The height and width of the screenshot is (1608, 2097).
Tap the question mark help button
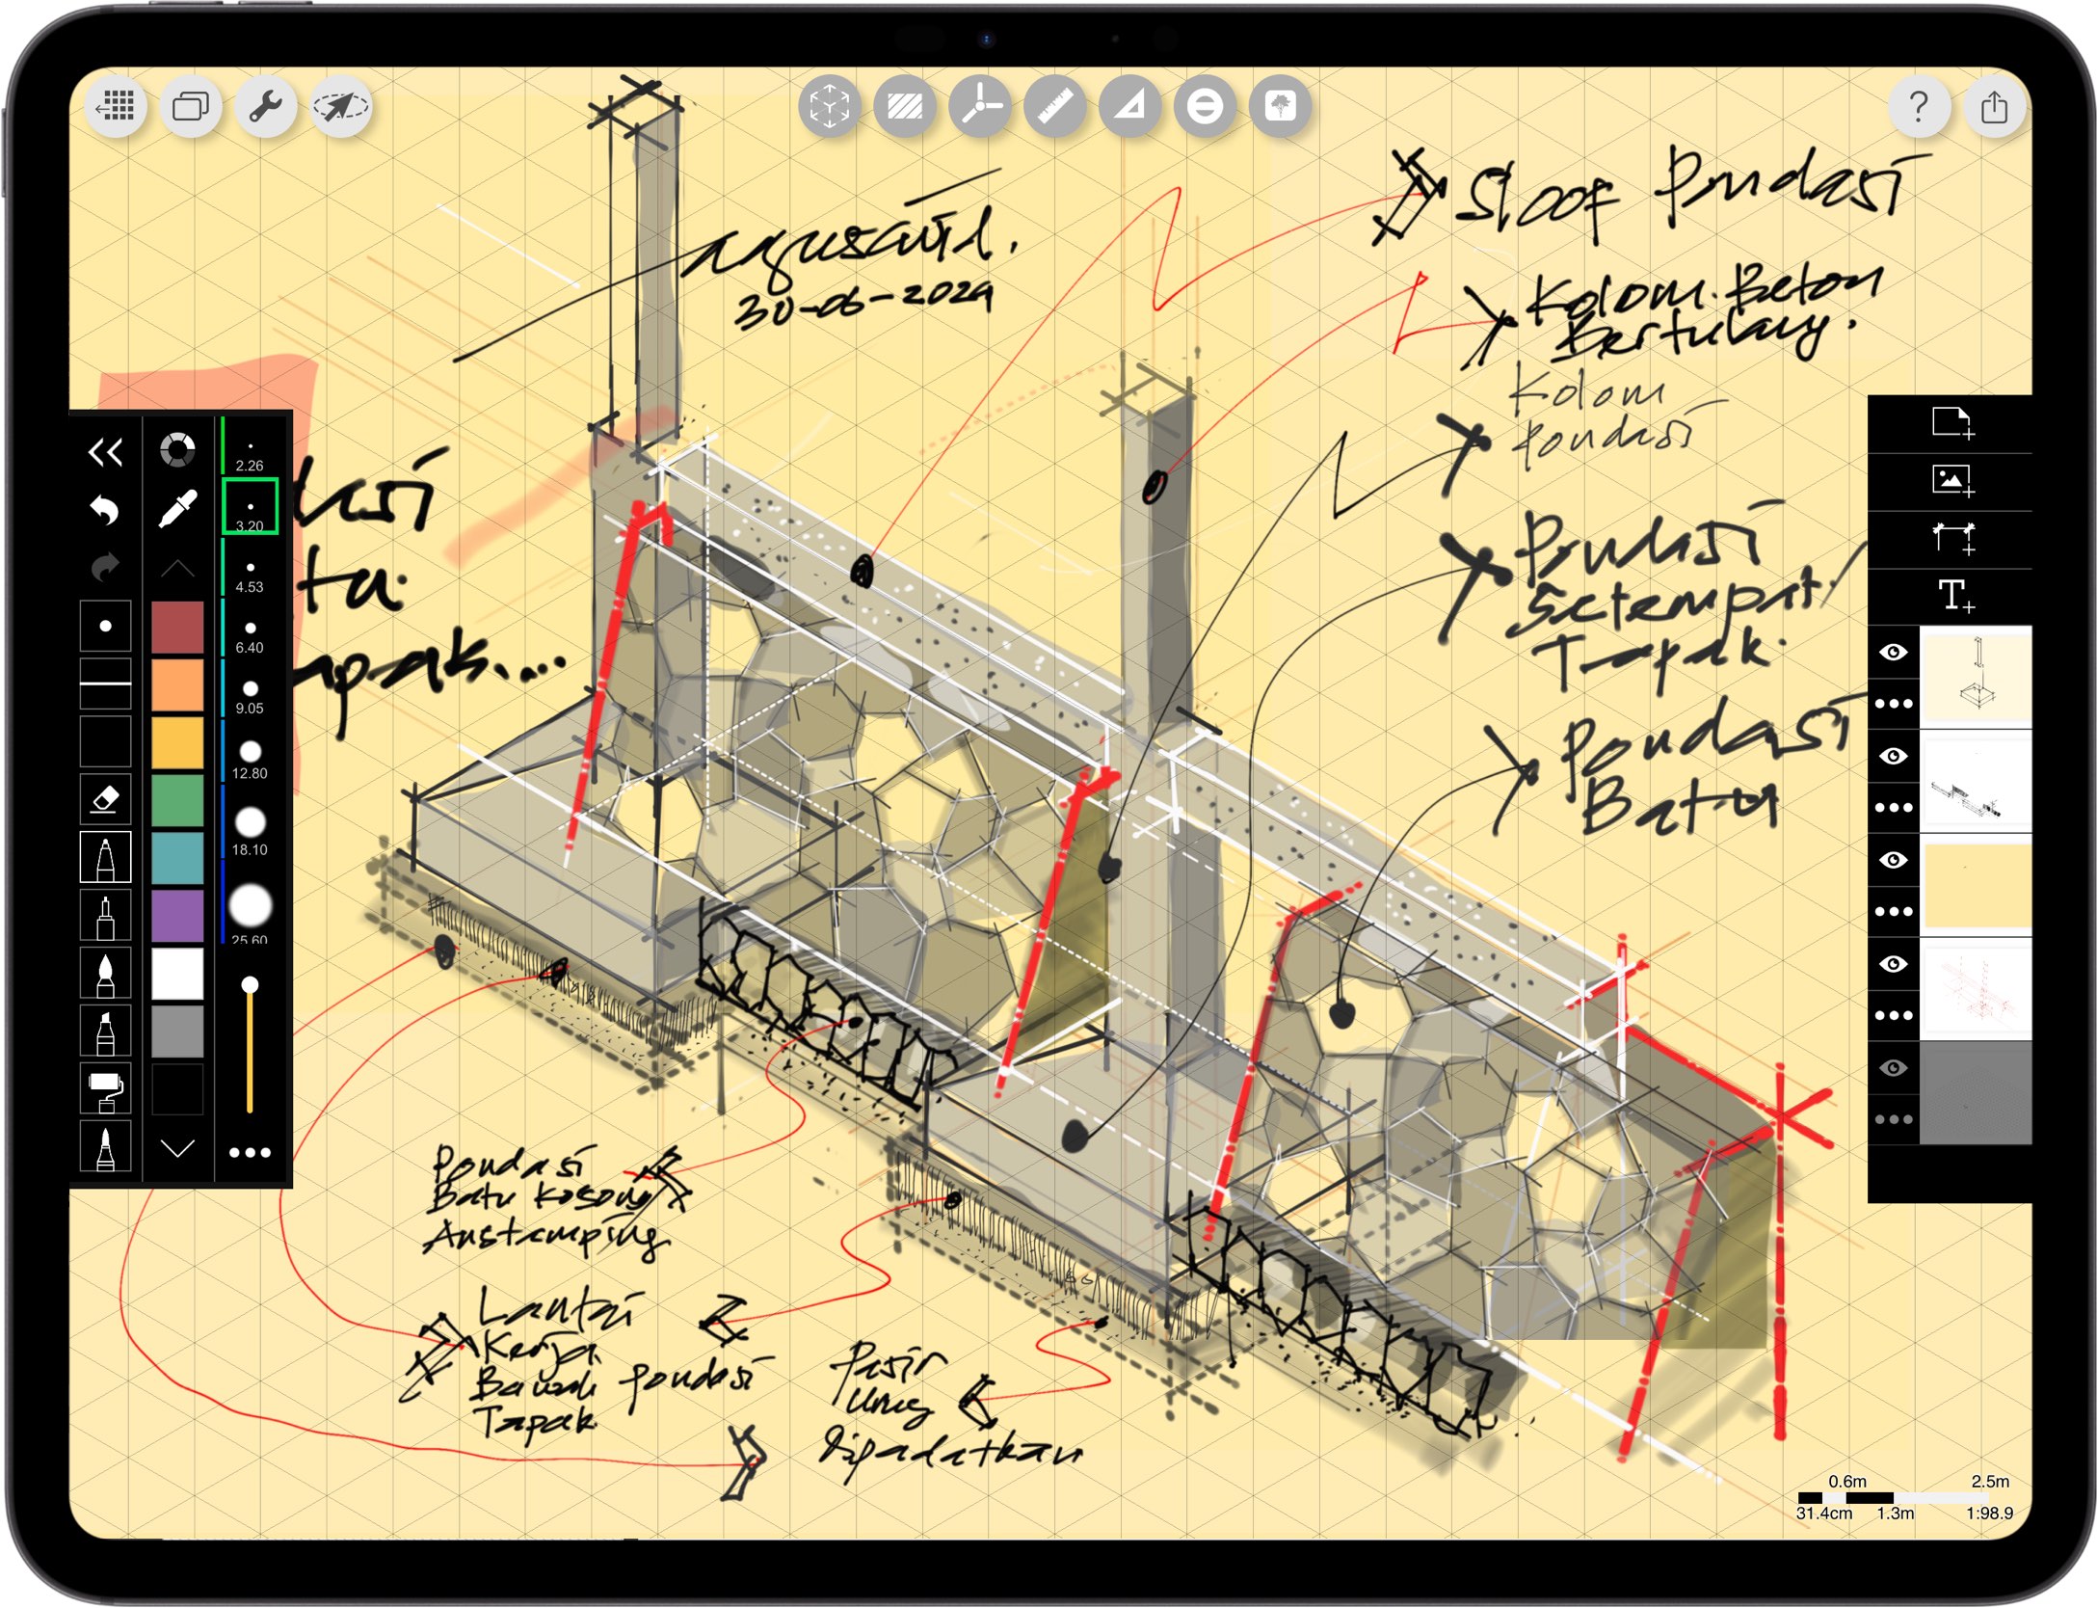[x=1918, y=106]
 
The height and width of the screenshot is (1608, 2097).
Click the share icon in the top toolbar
[x=1994, y=106]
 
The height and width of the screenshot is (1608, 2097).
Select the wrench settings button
[x=265, y=106]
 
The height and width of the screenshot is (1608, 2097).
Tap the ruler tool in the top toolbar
[x=1054, y=106]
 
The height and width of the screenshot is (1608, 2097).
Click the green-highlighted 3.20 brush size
[x=250, y=506]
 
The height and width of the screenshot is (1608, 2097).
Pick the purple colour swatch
[x=177, y=914]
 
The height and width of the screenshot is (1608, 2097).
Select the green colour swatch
[x=177, y=799]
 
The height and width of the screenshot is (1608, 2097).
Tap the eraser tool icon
[x=105, y=798]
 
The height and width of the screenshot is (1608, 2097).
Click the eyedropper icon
[x=177, y=508]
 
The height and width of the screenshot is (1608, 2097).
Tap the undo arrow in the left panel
[x=105, y=508]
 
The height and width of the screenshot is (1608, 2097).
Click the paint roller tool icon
[x=105, y=1089]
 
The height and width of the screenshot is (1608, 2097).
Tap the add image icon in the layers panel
[x=1952, y=480]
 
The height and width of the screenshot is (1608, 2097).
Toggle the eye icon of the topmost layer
[x=1893, y=653]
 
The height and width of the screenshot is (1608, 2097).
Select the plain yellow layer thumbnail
[x=1976, y=885]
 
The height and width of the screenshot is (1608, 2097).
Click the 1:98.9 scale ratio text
[x=1989, y=1513]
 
